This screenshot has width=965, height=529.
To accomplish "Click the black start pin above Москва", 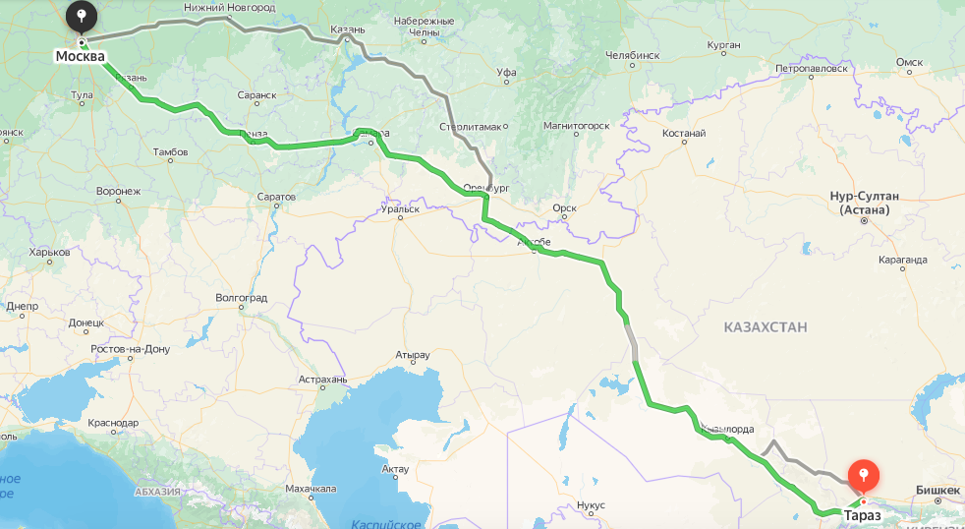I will pyautogui.click(x=82, y=17).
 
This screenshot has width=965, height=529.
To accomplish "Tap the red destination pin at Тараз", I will pyautogui.click(x=863, y=476).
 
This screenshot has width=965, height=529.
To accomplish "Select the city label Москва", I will pyautogui.click(x=80, y=56).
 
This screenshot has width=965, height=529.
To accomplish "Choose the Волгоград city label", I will pyautogui.click(x=241, y=297).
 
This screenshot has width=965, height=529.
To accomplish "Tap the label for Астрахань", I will pyautogui.click(x=323, y=379).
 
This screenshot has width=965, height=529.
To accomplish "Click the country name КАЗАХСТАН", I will pyautogui.click(x=766, y=326).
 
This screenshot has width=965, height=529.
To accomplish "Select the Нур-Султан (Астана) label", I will pyautogui.click(x=865, y=203).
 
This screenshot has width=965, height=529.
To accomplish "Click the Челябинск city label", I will pyautogui.click(x=632, y=55).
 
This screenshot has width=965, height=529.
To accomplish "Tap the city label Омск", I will pyautogui.click(x=909, y=62).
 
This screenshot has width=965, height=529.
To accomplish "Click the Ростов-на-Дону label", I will pyautogui.click(x=130, y=349).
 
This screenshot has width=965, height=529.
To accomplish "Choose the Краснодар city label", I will pyautogui.click(x=113, y=422).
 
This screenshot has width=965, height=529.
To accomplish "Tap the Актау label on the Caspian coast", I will pyautogui.click(x=393, y=469).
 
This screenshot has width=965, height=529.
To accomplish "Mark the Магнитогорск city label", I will pyautogui.click(x=576, y=125).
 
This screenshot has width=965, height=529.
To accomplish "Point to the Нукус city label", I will pyautogui.click(x=592, y=504).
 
